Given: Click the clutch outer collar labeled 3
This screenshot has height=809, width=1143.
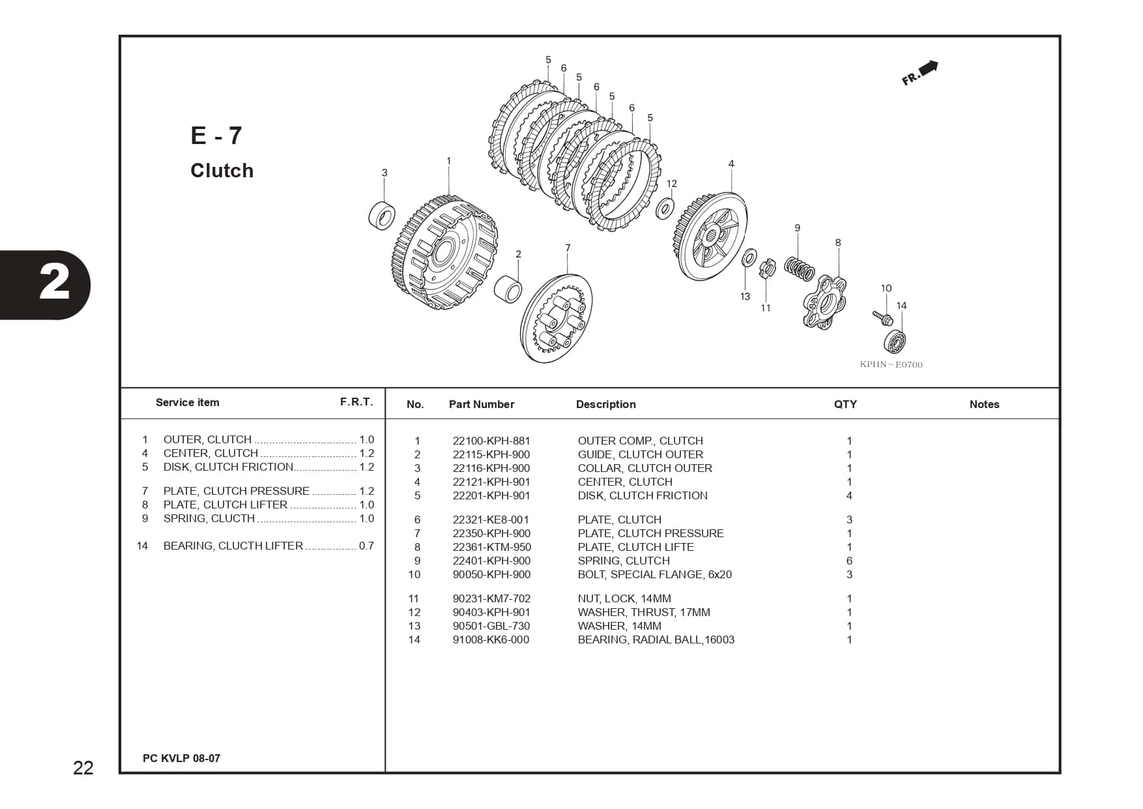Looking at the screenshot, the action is tap(383, 215).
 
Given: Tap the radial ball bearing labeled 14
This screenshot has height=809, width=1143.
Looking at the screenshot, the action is tap(896, 341).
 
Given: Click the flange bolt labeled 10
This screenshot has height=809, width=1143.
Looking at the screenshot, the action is tap(883, 318).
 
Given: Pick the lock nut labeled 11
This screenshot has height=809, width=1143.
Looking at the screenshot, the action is tap(767, 267).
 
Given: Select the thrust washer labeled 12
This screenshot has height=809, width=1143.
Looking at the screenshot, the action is tap(665, 208).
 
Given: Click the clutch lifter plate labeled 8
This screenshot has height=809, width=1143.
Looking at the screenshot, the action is tap(824, 302).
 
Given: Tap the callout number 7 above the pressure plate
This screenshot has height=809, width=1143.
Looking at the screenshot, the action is tap(568, 248).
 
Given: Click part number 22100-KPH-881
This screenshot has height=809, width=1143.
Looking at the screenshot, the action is tap(491, 441).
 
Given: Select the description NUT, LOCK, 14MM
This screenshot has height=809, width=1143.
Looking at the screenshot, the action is tap(624, 598).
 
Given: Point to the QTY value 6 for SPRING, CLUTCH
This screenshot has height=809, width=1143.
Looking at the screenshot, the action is tap(849, 561).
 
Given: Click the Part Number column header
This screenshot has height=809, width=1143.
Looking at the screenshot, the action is tap(482, 404).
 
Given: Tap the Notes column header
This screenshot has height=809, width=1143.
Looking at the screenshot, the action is tap(984, 404).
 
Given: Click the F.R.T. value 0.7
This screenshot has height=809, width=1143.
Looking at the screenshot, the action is tap(366, 546).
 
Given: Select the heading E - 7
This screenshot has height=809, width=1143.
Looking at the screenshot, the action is tap(216, 136).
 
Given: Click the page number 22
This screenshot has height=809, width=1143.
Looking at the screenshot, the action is tap(83, 768).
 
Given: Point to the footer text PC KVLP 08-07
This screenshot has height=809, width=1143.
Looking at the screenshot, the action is tap(182, 758).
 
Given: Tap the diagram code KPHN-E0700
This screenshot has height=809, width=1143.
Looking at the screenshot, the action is tap(891, 364).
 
